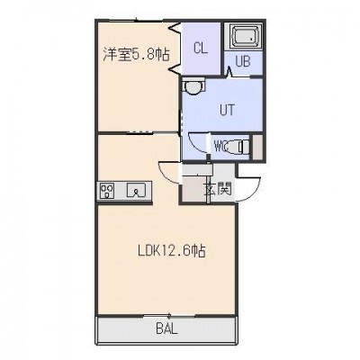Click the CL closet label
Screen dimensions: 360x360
(201, 48)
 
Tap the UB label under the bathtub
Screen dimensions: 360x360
(243, 62)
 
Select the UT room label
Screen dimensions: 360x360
(227, 110)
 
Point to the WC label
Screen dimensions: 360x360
(222, 147)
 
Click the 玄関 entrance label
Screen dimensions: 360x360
(218, 189)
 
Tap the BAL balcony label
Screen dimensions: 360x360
(167, 328)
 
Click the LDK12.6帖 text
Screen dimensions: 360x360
(172, 251)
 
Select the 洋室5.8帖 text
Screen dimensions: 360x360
(137, 55)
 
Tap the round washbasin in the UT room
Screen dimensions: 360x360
(193, 86)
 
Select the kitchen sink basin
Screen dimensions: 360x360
(137, 190)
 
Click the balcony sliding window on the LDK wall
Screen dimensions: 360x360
(169, 315)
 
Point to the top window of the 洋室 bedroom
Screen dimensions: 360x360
(136, 21)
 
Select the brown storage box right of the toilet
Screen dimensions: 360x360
(257, 147)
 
